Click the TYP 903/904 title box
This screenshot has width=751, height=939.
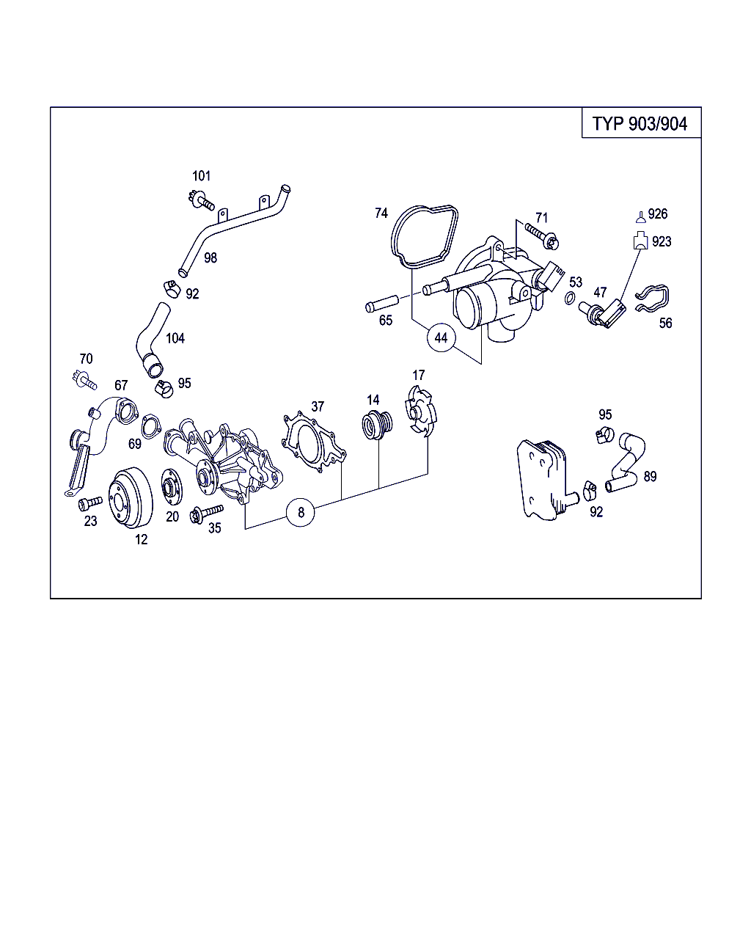[640, 123]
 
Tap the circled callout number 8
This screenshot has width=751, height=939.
[301, 512]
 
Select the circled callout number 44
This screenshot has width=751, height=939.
[441, 337]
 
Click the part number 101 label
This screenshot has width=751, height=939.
[201, 176]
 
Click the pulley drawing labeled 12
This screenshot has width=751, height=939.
[129, 497]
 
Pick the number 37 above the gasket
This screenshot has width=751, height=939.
[317, 406]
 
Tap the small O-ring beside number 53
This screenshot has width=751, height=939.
[570, 298]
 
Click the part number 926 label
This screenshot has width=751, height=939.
[658, 213]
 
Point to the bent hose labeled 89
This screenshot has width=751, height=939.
[628, 463]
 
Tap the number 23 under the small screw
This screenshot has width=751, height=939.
[90, 522]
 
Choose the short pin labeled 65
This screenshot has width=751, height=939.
[381, 303]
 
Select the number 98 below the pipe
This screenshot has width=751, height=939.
[210, 257]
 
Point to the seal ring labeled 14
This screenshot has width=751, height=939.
[375, 425]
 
